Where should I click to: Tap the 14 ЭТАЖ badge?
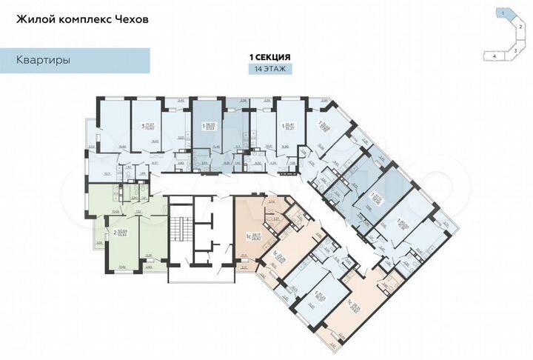click(x=269, y=68)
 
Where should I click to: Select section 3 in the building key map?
click(x=517, y=50)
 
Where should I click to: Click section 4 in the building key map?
click(x=492, y=56)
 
